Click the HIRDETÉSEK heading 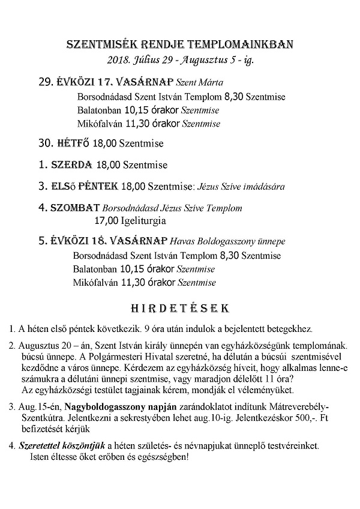point(179,308)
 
